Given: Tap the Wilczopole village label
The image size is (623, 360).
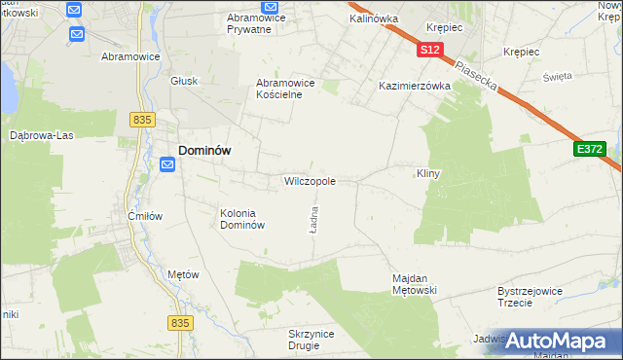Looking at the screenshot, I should tap(310, 181).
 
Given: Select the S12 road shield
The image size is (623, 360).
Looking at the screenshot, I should tap(431, 49).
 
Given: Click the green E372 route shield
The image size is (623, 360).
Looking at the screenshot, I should tap(590, 149).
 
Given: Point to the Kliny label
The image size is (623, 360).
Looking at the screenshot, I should tap(429, 174).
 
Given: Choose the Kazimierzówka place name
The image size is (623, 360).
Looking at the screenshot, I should tap(415, 86).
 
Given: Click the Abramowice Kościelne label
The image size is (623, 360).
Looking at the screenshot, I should tap(285, 90).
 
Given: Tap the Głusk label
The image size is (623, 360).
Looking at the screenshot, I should tap(184, 82).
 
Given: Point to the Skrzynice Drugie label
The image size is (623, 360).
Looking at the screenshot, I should tap(311, 340).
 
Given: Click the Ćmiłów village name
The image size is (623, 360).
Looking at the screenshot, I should tap(145, 215).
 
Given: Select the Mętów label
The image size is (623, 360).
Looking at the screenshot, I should tap(183, 274).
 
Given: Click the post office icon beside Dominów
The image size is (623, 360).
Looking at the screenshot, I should tap(166, 164).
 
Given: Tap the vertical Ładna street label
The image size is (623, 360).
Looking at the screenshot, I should tap(314, 218).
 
